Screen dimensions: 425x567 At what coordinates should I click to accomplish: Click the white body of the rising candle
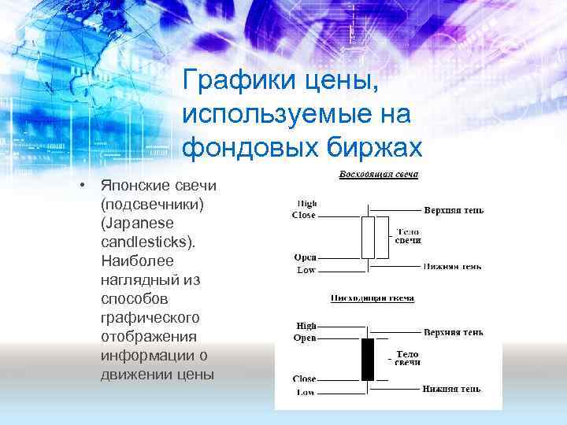[368, 238]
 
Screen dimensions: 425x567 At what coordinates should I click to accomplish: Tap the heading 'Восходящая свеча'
[379, 174]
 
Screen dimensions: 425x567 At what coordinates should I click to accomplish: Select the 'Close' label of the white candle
[303, 215]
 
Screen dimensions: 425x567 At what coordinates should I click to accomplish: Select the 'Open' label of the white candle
[305, 257]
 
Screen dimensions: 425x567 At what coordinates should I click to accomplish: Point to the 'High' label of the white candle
[306, 204]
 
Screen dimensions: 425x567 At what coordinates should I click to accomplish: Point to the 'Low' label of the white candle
[306, 270]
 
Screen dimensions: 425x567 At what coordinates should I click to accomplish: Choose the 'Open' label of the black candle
[305, 338]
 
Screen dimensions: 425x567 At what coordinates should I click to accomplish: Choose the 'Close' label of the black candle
[304, 379]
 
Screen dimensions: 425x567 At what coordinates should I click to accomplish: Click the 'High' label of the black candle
[306, 326]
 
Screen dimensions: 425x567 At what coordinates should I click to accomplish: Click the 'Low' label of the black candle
[306, 391]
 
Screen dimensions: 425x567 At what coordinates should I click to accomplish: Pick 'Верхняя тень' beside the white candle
[454, 210]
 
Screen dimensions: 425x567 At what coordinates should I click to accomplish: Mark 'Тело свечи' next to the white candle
[408, 236]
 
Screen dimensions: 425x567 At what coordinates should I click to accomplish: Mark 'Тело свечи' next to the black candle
[407, 358]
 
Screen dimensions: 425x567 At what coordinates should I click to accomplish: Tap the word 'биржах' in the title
[376, 147]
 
